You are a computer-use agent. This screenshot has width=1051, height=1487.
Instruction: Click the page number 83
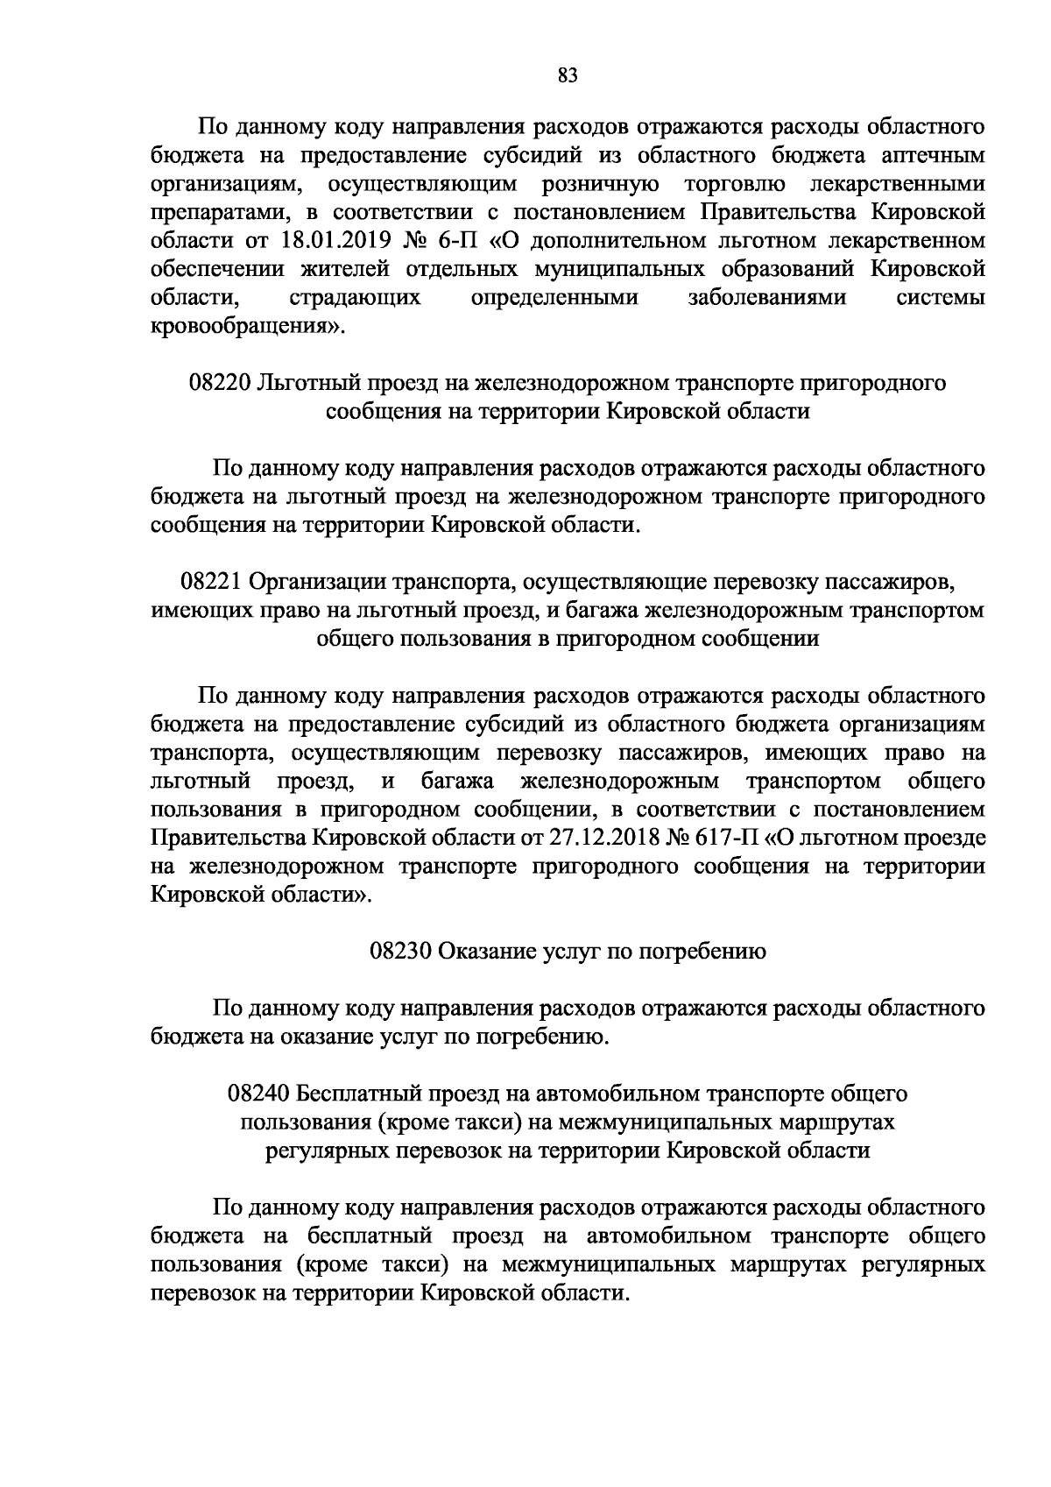(567, 76)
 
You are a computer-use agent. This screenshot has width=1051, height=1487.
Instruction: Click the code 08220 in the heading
(220, 383)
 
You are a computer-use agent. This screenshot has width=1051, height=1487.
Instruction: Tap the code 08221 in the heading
(213, 581)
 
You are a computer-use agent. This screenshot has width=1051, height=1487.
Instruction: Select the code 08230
(400, 951)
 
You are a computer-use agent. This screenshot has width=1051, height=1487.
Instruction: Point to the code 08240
(259, 1094)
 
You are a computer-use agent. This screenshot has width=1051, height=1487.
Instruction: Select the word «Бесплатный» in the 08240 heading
(357, 1094)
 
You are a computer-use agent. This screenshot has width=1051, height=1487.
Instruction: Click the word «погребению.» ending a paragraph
(541, 1037)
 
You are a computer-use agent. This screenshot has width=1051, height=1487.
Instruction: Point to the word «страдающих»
(354, 298)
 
